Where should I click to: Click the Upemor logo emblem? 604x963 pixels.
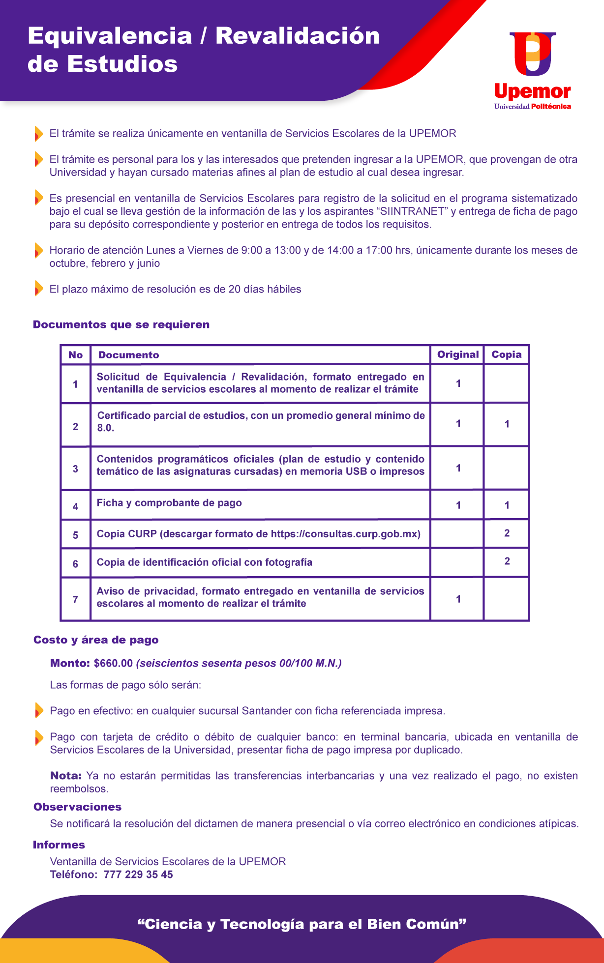533,54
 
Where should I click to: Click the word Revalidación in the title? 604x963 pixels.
298,36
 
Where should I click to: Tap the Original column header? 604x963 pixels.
457,354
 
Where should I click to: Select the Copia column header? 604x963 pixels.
506,354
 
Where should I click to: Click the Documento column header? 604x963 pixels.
128,355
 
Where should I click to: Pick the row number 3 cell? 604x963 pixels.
75,468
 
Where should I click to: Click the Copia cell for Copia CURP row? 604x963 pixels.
507,533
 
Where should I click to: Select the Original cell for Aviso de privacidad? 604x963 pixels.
458,599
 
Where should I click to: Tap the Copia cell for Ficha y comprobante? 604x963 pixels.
507,505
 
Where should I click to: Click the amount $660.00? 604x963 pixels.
113,663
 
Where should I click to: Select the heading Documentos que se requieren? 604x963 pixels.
121,324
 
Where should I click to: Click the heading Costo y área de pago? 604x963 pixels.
96,640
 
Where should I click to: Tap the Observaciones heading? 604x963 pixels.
77,807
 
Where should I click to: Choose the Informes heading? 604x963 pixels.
59,845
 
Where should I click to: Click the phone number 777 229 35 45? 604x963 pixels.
138,875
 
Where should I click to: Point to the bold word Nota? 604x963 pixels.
66,776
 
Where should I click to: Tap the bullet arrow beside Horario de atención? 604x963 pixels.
38,250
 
